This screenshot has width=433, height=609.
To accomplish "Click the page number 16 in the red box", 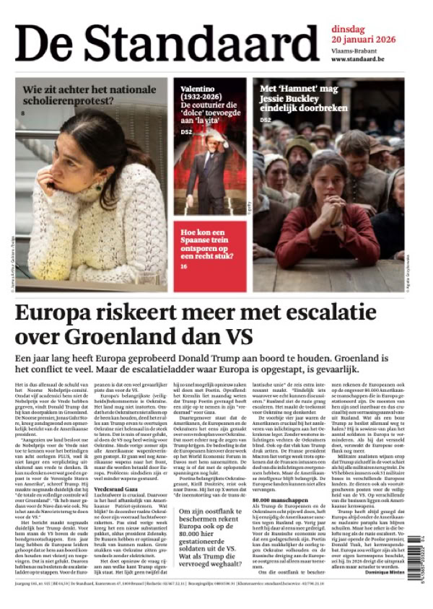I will click(183, 266).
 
